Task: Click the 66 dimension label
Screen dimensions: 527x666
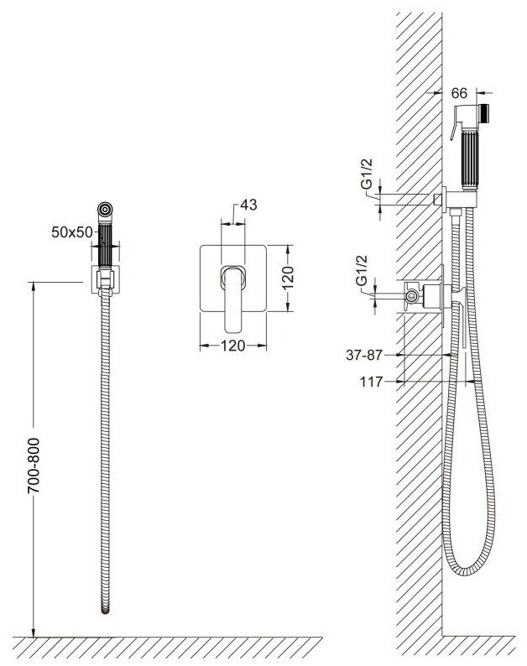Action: [459, 93]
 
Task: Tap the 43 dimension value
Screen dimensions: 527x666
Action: [248, 205]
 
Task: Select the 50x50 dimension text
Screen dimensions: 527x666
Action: [72, 232]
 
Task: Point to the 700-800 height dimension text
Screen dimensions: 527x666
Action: [34, 466]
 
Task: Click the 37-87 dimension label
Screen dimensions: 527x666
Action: [364, 355]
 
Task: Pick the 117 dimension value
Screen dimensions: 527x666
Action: [372, 382]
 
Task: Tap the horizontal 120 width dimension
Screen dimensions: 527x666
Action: [233, 346]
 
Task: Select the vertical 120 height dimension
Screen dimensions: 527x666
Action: [288, 278]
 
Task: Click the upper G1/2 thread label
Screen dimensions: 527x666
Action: [367, 174]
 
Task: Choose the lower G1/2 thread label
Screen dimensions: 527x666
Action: [361, 270]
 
